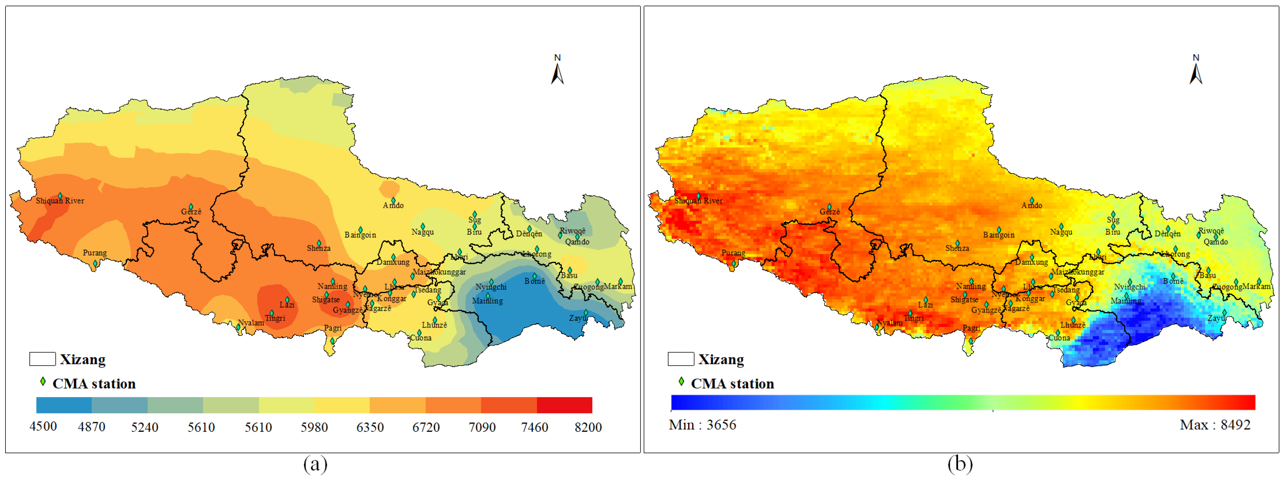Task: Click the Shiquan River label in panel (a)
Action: click(60, 201)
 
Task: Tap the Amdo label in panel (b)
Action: click(1031, 205)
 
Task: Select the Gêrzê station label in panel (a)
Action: click(191, 212)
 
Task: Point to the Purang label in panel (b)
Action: click(733, 253)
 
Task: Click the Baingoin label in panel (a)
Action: click(360, 234)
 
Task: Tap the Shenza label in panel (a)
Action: click(318, 248)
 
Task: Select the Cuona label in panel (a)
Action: click(421, 338)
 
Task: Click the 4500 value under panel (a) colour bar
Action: click(43, 426)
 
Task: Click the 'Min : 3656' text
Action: click(702, 425)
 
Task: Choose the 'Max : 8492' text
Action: click(1215, 425)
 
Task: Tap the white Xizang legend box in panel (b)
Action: click(680, 359)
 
